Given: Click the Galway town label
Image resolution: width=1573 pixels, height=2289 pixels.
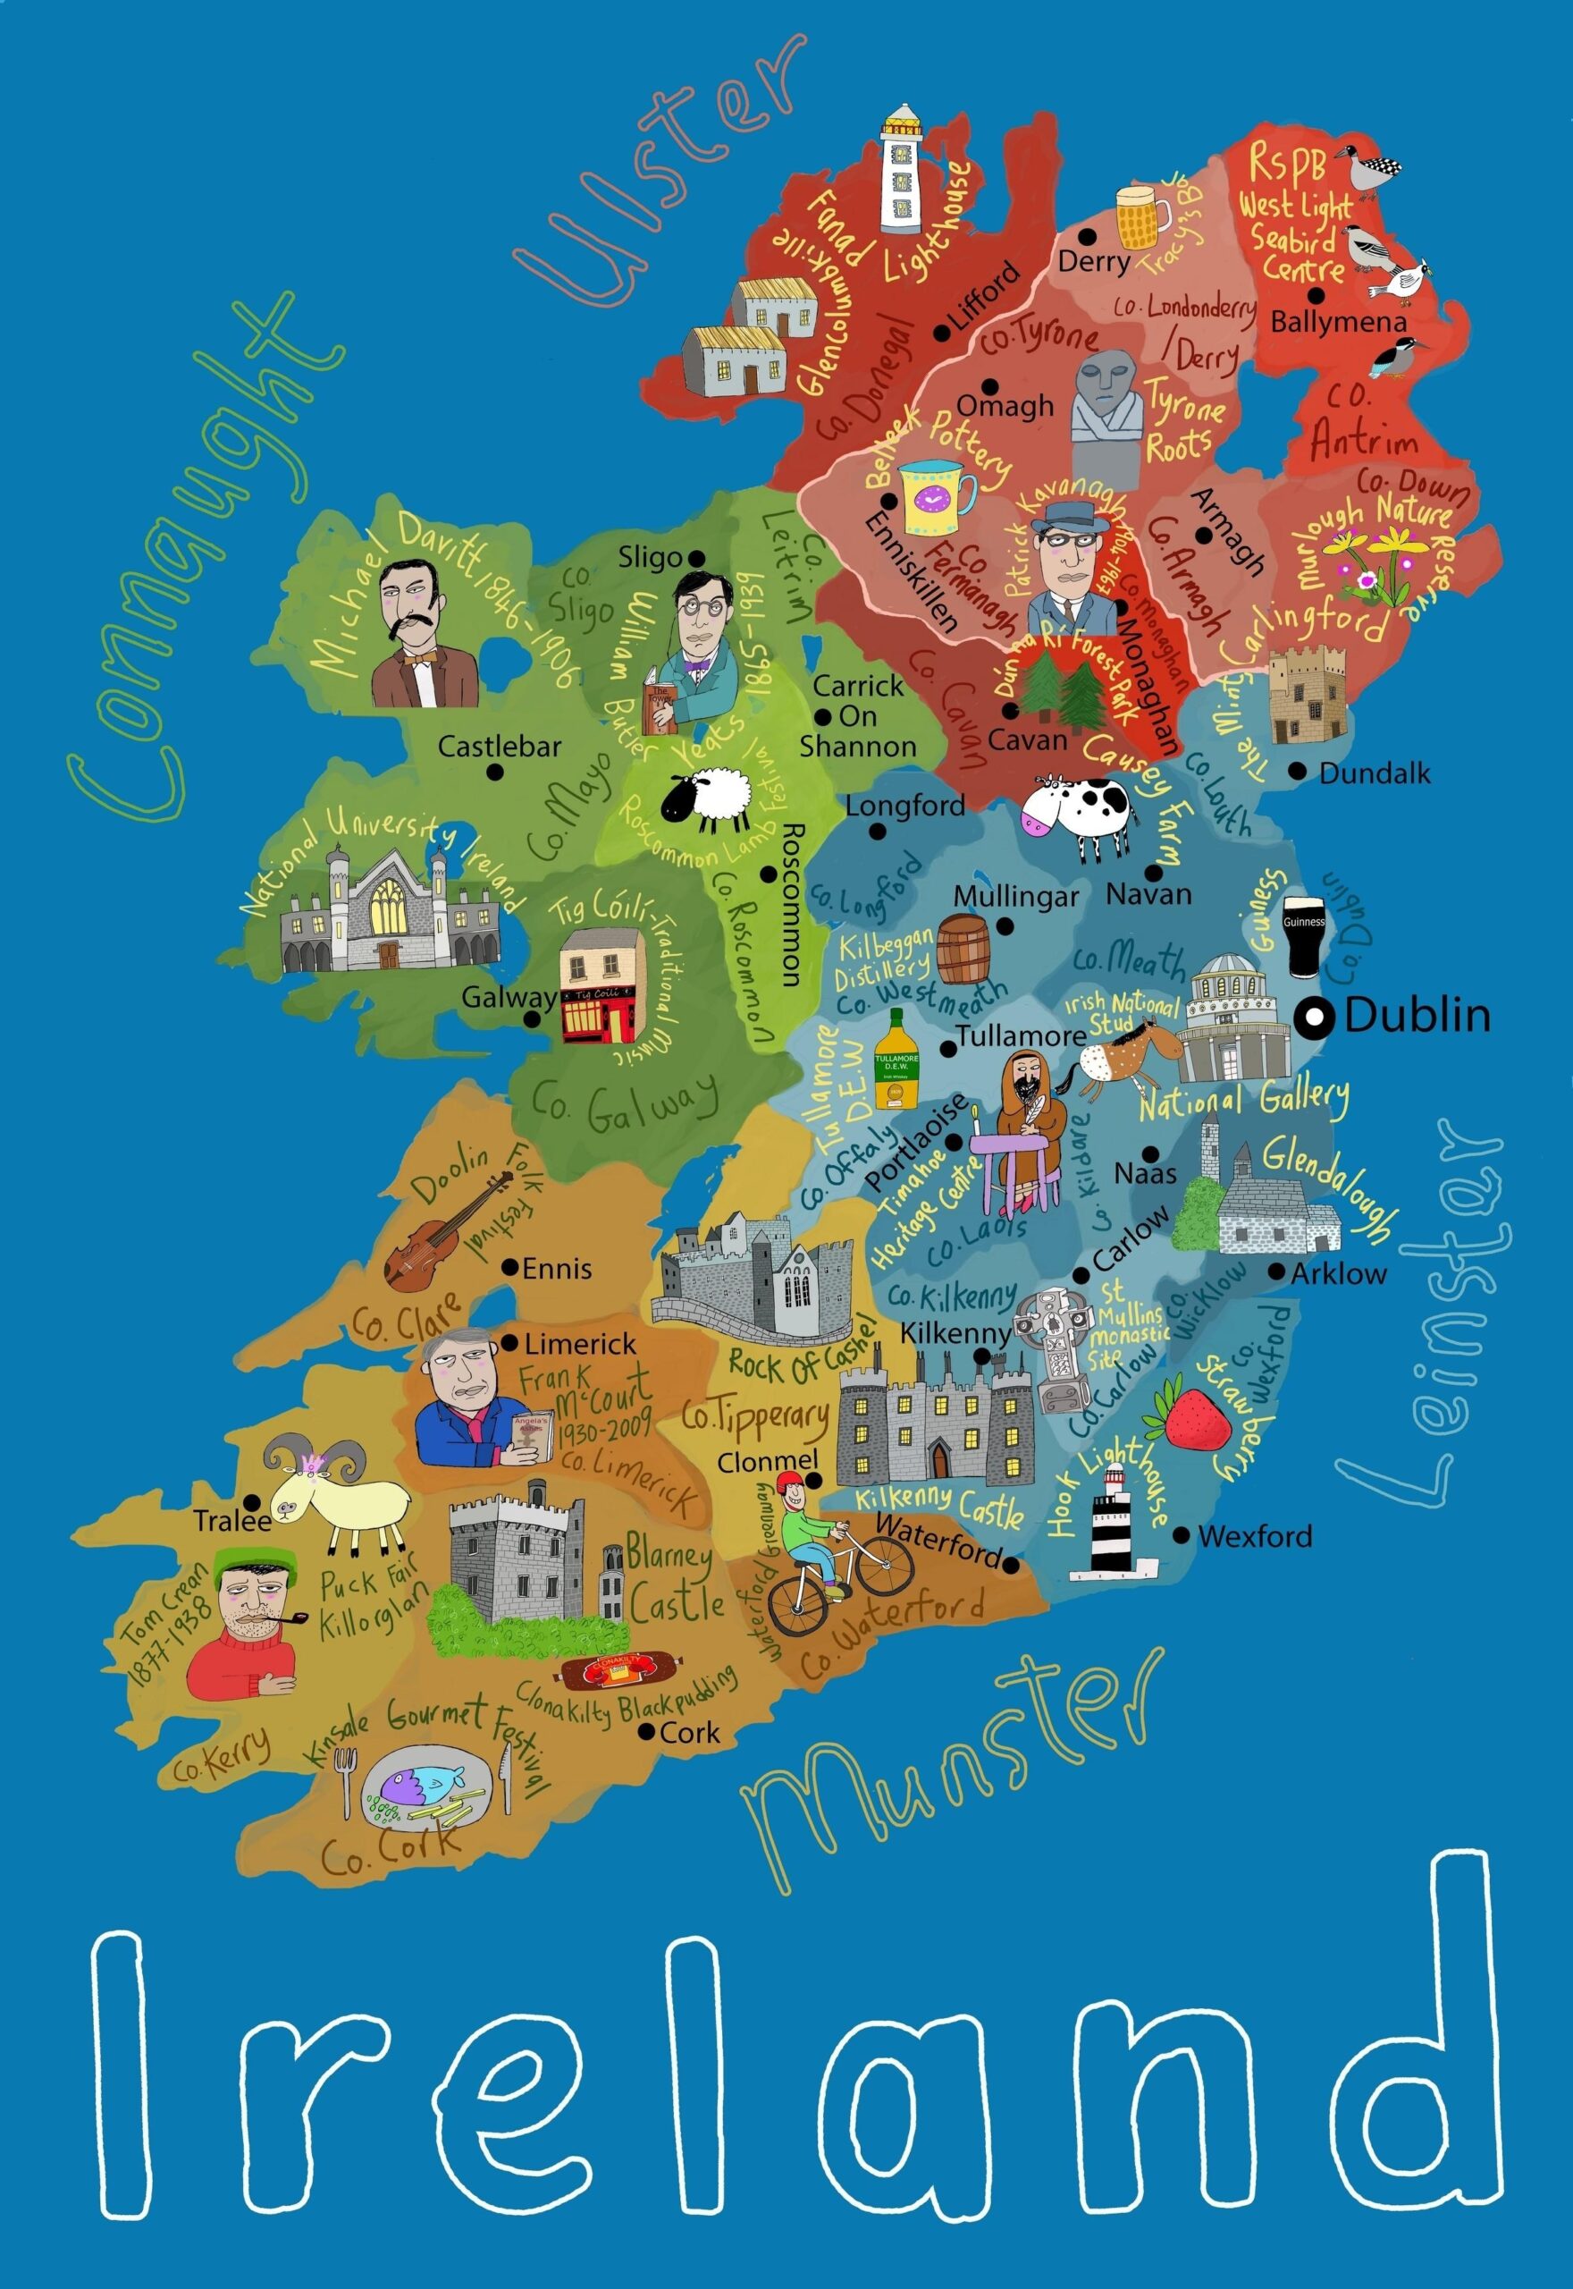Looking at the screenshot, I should pos(509,997).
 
